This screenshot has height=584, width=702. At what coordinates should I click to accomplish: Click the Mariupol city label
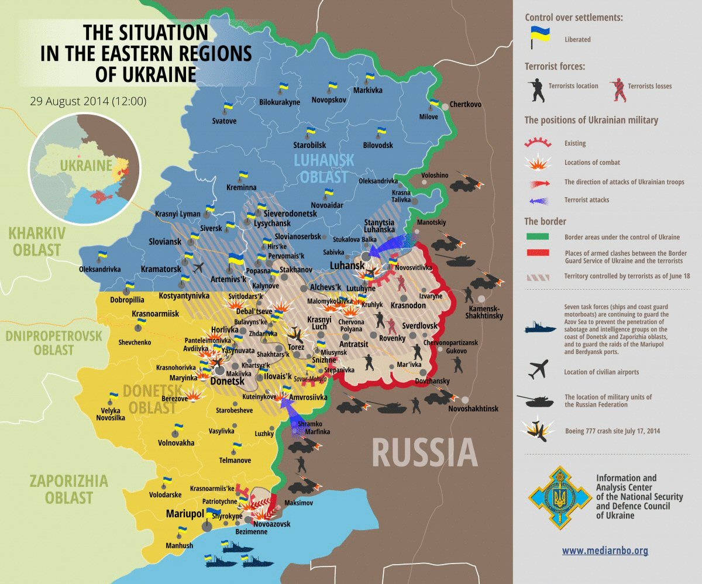point(184,513)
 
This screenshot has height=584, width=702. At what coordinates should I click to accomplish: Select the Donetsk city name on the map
point(226,381)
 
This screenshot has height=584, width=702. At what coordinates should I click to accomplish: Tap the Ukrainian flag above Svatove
point(228,107)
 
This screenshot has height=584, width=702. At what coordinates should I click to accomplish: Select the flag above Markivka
point(369,77)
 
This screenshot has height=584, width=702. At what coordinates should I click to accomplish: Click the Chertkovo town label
point(465,105)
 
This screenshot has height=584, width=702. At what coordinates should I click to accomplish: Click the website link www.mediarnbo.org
point(605,551)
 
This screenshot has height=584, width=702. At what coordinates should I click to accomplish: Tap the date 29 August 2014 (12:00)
point(88,101)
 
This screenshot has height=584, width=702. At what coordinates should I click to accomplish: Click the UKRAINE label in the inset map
point(85,165)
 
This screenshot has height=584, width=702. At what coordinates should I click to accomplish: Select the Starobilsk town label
point(309,145)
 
